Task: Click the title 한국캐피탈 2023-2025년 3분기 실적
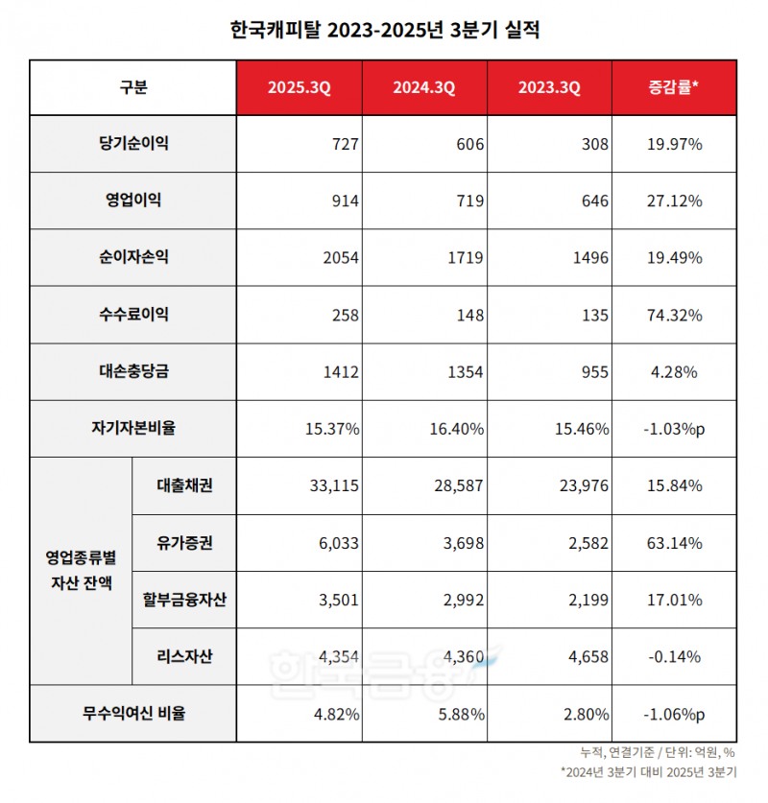385,31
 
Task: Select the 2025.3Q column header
299,88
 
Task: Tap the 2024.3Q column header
423,88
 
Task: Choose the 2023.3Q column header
548,88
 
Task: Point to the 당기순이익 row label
133,144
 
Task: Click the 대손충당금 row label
133,371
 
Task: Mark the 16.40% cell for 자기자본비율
457,429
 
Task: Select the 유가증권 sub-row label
183,543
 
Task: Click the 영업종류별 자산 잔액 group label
80,571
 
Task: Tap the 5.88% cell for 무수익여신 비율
461,714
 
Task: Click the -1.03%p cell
673,429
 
